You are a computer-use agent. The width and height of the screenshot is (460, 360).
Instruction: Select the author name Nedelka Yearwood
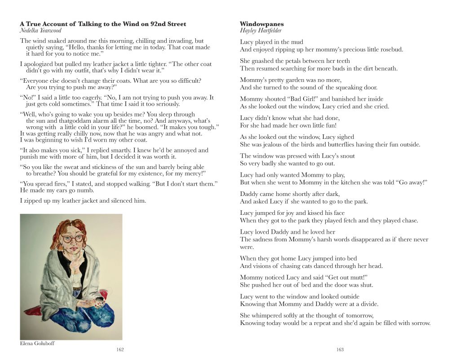[x=41, y=31]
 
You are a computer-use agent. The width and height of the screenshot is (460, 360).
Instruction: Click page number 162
[x=120, y=349]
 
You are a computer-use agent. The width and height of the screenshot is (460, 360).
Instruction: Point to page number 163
[x=340, y=349]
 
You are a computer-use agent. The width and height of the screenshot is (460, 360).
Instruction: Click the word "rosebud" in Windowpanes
[x=389, y=49]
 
